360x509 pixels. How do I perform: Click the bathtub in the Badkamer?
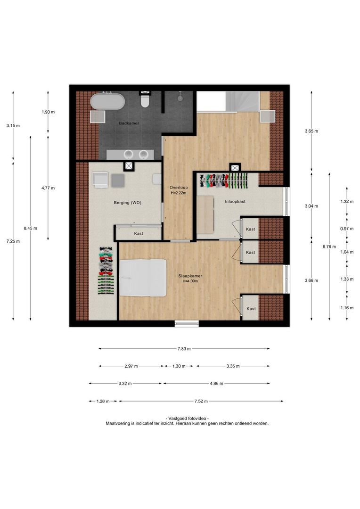point(107,102)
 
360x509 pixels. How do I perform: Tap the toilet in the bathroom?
point(145,99)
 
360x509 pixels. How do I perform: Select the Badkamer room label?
point(129,123)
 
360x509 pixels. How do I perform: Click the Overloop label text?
point(179,188)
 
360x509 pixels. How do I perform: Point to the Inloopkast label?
point(235,202)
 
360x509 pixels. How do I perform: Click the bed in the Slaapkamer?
point(143,278)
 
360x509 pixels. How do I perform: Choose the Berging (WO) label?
point(128,203)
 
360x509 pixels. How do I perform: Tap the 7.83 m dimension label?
point(184,349)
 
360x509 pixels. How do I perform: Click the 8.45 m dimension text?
point(30,228)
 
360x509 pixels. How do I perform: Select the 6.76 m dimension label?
point(329,246)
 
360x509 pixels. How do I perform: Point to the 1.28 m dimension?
point(103,402)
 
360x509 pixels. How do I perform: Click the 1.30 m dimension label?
point(179,367)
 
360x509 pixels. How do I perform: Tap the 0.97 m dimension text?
point(347,229)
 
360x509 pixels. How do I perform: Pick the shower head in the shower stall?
point(180,97)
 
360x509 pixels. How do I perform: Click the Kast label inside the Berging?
point(139,234)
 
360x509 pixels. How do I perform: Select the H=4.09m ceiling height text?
point(190,281)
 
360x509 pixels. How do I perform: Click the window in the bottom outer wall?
point(187,324)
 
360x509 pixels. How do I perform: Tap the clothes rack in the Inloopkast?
point(224,181)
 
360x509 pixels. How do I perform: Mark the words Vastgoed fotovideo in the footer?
point(187,419)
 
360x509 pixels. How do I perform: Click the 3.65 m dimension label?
point(311,131)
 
